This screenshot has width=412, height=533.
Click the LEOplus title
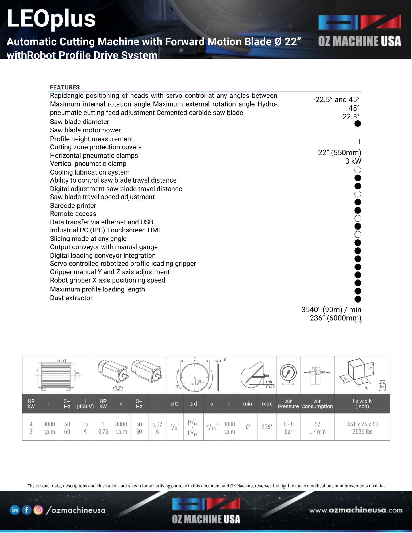point(51,19)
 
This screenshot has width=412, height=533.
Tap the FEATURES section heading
point(65,87)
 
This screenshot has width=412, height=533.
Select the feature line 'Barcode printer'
point(73,206)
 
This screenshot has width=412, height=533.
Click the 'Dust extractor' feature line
point(71,298)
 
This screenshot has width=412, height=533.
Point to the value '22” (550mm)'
point(340,153)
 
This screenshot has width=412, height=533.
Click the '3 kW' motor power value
point(353,161)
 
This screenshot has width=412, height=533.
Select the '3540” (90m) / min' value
point(331,310)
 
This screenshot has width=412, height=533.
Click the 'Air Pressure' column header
point(288,404)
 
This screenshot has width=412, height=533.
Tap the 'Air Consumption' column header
point(317,404)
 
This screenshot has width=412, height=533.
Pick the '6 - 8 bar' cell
point(288,428)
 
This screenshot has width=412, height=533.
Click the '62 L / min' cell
point(317,428)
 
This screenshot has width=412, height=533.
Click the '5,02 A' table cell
point(157,428)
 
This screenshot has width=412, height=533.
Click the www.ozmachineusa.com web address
point(356,510)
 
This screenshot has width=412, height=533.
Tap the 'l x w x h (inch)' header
point(362,404)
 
